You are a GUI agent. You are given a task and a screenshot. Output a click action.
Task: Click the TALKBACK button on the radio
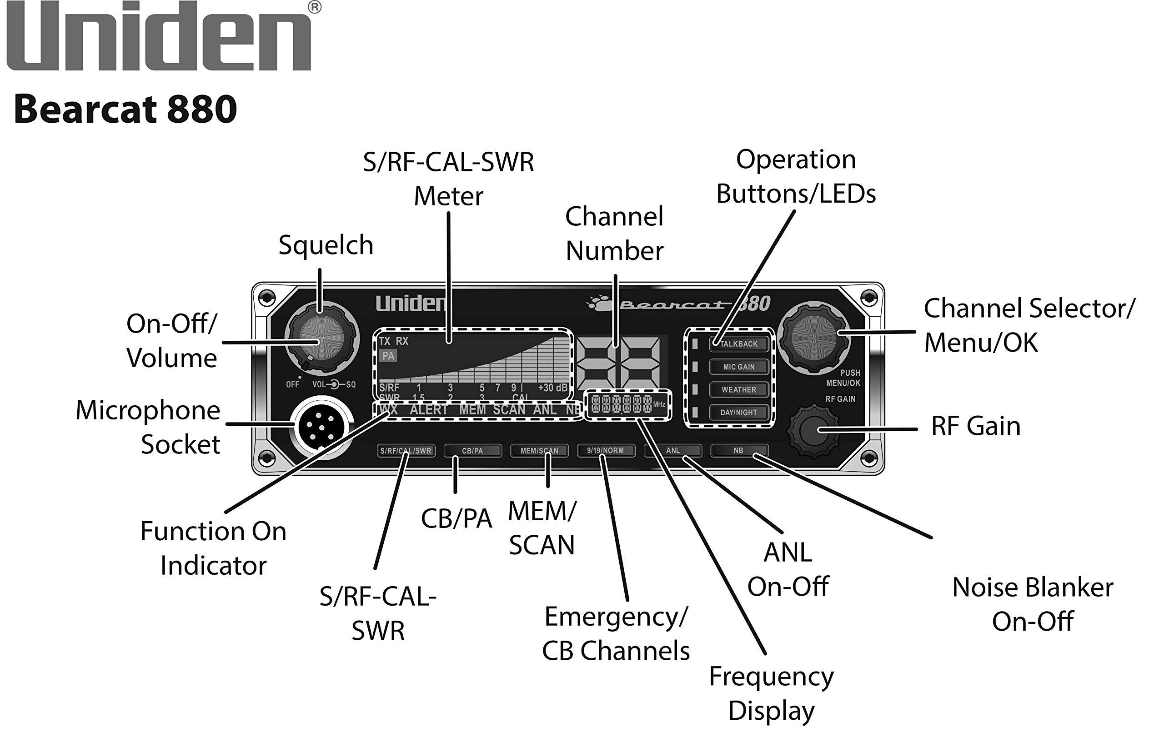pos(738,344)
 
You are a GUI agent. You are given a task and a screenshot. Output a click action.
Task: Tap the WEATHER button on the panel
pos(738,389)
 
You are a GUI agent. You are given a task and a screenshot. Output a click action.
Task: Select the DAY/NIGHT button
pos(738,412)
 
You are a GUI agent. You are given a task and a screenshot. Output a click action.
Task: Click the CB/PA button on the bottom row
pos(472,451)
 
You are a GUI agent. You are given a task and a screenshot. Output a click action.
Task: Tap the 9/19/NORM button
pos(605,451)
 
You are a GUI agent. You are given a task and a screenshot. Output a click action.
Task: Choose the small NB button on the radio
pos(738,451)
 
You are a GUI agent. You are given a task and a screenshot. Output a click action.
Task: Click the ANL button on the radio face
pos(672,451)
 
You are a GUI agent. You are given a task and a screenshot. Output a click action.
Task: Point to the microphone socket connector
pos(321,427)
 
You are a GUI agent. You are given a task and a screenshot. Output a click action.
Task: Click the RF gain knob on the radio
pos(813,430)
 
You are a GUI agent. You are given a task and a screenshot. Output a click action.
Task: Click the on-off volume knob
pos(321,339)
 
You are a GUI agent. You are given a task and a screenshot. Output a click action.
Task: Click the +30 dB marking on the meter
pos(552,388)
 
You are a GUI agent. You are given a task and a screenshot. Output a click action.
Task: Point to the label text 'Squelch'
pos(326,245)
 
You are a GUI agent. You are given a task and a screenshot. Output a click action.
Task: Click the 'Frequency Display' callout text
pos(772,693)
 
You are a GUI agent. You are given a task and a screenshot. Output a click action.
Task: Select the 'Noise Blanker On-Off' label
pos(1033,604)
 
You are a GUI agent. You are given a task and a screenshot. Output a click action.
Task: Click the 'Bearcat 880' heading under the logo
pos(125,109)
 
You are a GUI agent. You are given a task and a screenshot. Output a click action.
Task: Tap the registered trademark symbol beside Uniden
pos(315,7)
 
